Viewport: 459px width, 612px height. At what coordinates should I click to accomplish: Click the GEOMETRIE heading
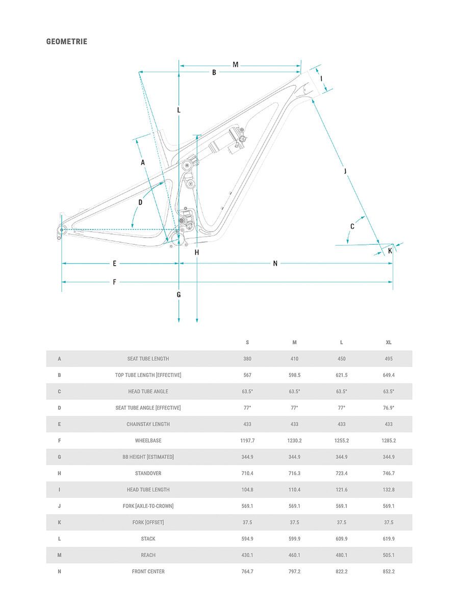67,41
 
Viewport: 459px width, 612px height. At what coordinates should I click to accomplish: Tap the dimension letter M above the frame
236,65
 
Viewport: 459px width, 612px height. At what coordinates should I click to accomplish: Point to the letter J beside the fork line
345,171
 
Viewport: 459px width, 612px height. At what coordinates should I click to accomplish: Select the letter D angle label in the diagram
140,202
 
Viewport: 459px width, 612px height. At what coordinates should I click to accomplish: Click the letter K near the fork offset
390,250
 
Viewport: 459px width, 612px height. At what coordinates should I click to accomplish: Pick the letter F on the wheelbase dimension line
114,282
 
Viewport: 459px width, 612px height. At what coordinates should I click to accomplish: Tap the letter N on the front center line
275,264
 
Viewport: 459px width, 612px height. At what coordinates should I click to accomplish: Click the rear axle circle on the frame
61,230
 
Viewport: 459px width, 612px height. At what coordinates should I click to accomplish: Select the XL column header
389,343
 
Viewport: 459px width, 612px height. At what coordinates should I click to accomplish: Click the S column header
247,343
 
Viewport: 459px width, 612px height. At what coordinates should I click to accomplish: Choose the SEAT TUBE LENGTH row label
148,359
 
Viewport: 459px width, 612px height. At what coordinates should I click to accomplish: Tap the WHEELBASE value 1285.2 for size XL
389,441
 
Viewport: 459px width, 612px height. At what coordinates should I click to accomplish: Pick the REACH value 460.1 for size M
294,555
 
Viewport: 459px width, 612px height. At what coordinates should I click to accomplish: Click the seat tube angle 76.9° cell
389,408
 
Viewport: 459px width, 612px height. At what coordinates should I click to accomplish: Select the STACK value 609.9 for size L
341,539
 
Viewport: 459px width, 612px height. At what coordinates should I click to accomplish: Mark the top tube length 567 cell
247,375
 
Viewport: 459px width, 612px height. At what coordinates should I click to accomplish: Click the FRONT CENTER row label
148,572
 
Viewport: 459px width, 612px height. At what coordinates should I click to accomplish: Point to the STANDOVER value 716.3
294,473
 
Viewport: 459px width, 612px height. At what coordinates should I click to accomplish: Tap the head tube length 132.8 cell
389,490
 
